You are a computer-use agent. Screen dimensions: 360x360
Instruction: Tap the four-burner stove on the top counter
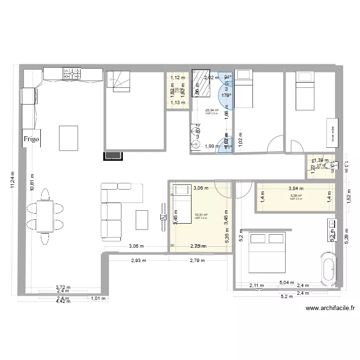pos(72,73)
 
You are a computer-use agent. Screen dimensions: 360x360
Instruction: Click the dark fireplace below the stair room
pos(113,155)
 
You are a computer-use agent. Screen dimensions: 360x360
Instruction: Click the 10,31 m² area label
pos(201,215)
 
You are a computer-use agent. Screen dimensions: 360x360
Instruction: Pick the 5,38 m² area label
pos(296,196)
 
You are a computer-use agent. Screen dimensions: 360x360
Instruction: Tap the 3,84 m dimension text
pos(296,189)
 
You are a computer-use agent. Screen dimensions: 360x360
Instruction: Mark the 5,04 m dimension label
pos(286,283)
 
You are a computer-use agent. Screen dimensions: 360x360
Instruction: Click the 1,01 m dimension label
pos(98,298)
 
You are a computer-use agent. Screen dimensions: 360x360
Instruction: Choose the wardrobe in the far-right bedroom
pos(332,132)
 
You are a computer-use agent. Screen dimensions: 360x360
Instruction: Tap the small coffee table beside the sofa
pos(142,220)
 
